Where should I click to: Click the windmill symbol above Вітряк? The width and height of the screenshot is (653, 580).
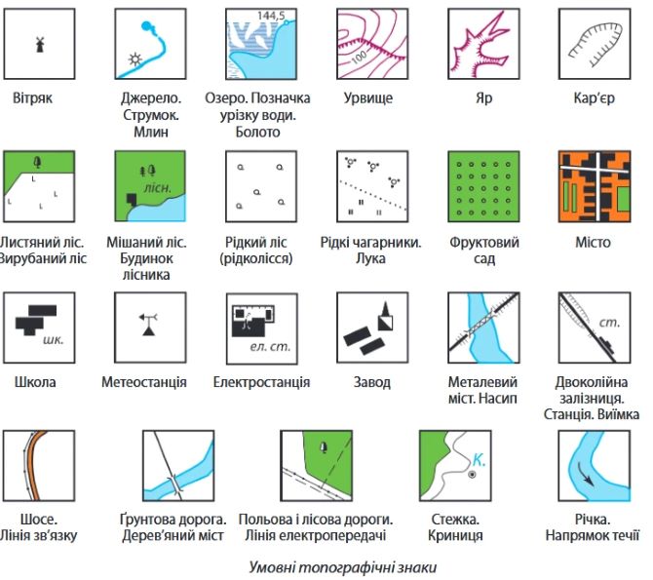pos(40,44)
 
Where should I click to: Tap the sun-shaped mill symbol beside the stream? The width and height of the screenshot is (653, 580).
pos(134,59)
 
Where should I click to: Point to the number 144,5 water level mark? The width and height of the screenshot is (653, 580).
pos(271,16)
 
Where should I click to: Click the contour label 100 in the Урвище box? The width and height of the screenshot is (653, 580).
pos(359,58)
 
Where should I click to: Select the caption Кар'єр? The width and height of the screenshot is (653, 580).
pos(594,98)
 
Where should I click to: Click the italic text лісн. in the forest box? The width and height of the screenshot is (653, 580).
pos(158,188)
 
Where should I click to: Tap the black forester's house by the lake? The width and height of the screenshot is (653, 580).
pos(133,199)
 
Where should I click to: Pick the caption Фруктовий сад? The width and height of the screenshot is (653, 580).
pos(484,251)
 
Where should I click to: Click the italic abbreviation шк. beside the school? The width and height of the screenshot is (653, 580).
pos(54,339)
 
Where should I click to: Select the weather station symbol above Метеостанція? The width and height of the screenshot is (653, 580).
pos(149,325)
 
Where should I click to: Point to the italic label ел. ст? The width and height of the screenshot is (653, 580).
pos(270,347)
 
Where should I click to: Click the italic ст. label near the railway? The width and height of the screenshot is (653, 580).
pos(610,322)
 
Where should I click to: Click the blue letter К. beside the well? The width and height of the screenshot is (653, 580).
pos(480,460)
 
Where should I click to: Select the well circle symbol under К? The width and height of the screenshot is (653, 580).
pos(472,474)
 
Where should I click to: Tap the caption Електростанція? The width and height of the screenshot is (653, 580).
pos(261,382)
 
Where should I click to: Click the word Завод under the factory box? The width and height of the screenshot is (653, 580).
pos(372,382)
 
